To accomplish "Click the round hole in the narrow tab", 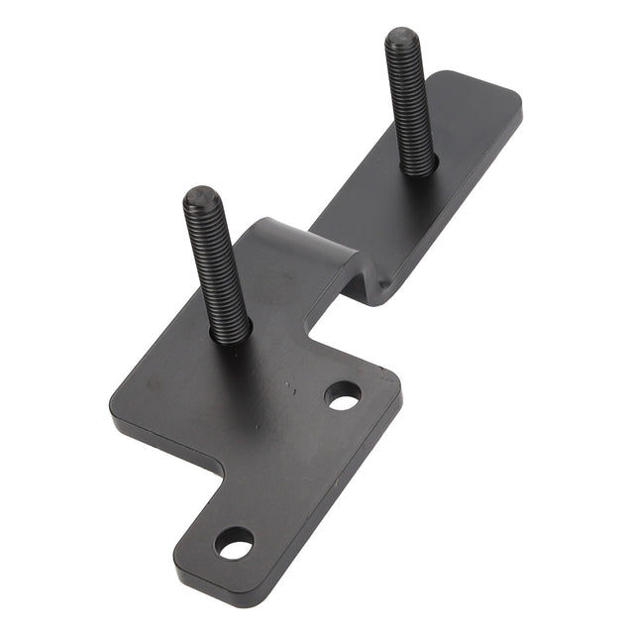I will pyautogui.click(x=235, y=542).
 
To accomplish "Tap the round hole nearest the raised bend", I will pyautogui.click(x=343, y=396).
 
